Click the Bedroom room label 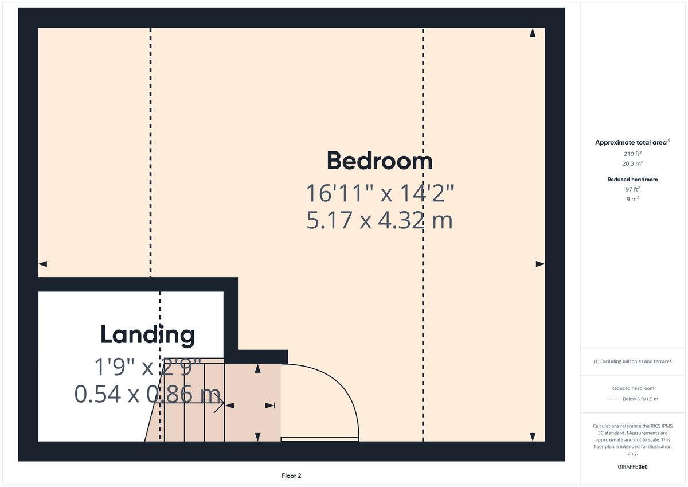(379, 161)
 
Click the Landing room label (147, 334)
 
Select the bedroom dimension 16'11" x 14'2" (379, 193)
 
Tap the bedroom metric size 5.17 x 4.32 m (379, 220)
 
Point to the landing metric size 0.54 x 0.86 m (147, 394)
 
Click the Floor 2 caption (291, 476)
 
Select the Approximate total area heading (632, 142)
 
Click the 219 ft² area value (632, 154)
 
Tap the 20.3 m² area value (632, 163)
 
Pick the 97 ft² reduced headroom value (632, 189)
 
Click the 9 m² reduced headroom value (632, 199)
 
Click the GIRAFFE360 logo (632, 467)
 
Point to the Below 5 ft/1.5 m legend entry (640, 399)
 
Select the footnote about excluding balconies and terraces (632, 361)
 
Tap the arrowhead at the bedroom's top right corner (533, 33)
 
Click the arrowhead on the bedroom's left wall (42, 264)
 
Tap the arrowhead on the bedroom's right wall (540, 264)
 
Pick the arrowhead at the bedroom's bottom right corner (533, 436)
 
